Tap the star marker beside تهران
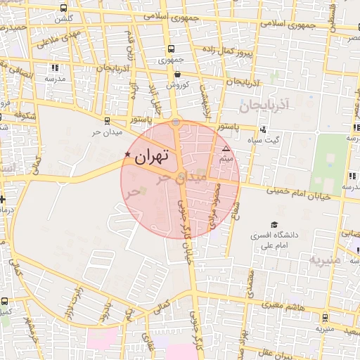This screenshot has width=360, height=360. click(127, 155)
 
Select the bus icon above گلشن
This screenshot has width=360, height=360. click(65, 6)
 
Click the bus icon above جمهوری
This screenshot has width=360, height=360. click(171, 49)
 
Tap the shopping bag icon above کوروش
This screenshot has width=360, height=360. click(177, 74)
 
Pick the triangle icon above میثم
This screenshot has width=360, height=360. click(226, 150)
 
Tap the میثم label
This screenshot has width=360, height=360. click(226, 160)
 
